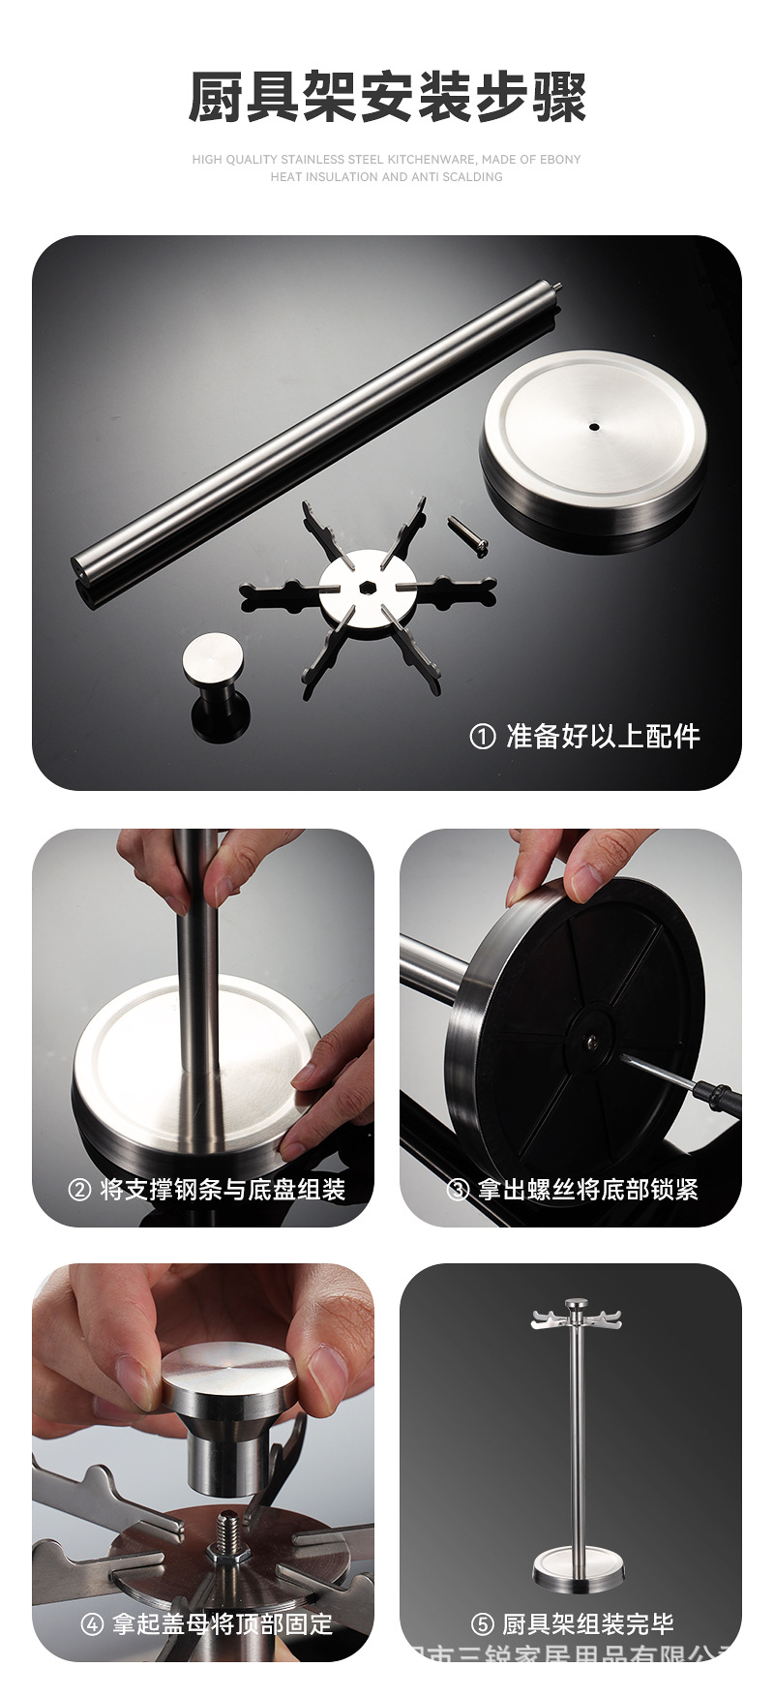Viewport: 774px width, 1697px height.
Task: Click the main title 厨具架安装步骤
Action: coord(387,98)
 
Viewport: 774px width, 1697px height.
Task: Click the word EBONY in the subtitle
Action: coord(560,160)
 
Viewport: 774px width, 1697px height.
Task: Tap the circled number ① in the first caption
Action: coord(482,737)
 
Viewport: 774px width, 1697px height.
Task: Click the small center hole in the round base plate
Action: coord(592,425)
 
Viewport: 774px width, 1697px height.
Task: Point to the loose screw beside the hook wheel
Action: coord(467,534)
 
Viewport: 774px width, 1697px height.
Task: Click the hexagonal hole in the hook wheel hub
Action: coord(368,589)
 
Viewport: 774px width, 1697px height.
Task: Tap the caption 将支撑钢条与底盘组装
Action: coord(223,1190)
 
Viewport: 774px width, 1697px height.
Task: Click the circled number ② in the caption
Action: coord(80,1190)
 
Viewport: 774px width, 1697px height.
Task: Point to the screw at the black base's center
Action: coord(590,1042)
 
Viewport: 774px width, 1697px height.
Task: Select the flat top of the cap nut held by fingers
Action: coord(228,1367)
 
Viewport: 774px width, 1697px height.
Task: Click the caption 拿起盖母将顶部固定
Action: coord(223,1623)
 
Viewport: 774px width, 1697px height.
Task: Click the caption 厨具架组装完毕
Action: coord(587,1623)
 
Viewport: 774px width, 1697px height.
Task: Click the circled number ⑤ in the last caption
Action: coord(482,1623)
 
